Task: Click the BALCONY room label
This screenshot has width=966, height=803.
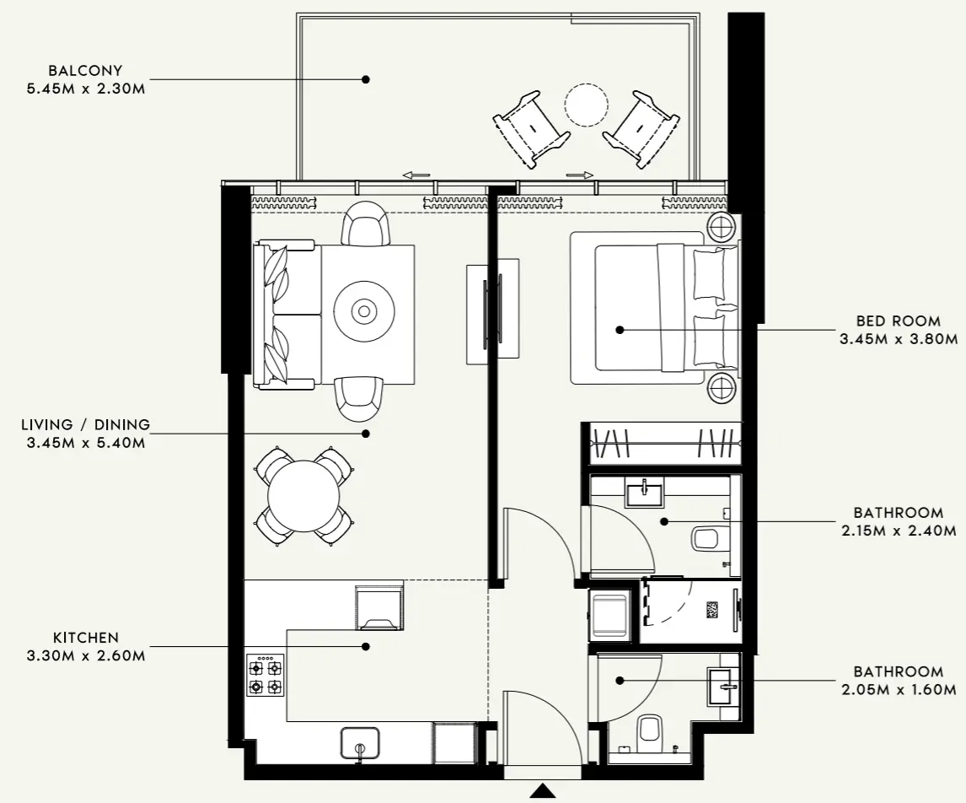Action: (x=84, y=71)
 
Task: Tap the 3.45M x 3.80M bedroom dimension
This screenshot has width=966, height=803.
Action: (x=898, y=339)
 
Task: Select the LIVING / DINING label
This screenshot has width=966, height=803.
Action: (x=85, y=425)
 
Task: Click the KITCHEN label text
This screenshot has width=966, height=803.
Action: (x=85, y=639)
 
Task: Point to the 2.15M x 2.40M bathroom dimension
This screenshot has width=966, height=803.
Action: (x=898, y=531)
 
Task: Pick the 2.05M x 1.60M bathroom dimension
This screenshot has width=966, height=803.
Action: (x=898, y=689)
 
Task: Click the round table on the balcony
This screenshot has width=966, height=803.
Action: (x=586, y=105)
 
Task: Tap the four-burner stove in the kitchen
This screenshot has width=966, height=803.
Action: (x=266, y=675)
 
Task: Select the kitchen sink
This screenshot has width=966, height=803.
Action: (x=360, y=743)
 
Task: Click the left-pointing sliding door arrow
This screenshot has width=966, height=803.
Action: (x=416, y=175)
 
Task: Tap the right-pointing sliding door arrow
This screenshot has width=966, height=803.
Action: (x=580, y=175)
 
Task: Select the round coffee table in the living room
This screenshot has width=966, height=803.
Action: (x=364, y=311)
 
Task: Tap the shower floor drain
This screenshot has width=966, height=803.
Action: (x=712, y=611)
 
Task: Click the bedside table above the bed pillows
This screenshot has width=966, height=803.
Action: (x=723, y=228)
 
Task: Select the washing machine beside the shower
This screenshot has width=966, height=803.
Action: (x=609, y=615)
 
